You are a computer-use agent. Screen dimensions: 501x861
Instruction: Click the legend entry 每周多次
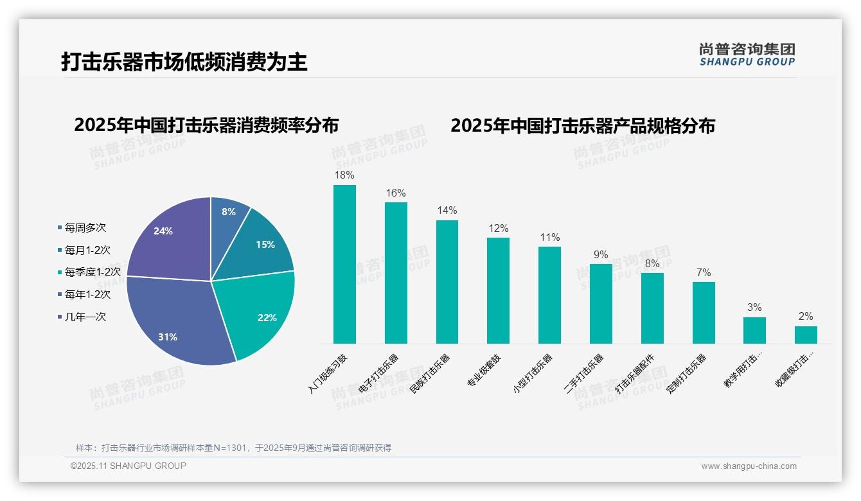(85, 227)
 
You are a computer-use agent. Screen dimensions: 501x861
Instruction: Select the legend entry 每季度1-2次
(92, 272)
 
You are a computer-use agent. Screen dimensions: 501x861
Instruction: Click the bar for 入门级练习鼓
(344, 264)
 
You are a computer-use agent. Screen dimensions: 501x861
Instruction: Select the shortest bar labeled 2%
(806, 335)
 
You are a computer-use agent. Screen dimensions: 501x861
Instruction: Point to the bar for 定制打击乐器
(704, 313)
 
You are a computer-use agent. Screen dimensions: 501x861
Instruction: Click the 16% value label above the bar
(396, 193)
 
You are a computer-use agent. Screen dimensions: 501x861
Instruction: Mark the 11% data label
(549, 237)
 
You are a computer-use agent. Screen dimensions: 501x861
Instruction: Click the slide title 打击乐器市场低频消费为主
(184, 62)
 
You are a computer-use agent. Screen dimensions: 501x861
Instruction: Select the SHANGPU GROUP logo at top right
(747, 55)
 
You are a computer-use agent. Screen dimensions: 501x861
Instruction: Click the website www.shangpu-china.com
(749, 466)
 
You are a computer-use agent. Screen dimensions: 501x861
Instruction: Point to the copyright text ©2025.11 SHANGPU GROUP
(129, 466)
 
